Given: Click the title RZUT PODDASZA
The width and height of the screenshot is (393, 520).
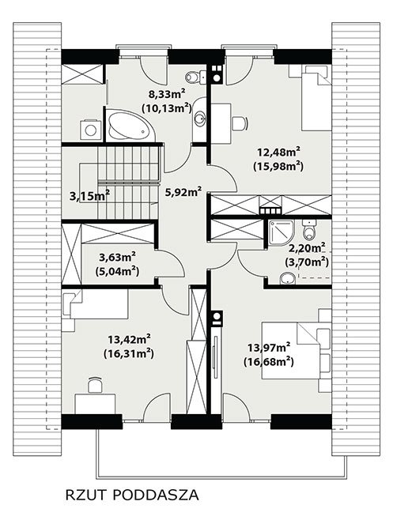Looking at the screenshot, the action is point(132,496).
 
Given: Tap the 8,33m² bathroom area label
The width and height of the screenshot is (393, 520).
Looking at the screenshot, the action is point(166,95).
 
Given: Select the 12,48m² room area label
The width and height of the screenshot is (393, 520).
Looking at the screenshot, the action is point(279,153).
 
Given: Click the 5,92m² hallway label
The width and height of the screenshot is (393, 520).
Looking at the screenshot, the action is point(183,192).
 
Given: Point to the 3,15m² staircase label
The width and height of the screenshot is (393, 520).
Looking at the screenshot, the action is point(89,196).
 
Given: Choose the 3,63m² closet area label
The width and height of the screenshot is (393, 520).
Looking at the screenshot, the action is point(117,258).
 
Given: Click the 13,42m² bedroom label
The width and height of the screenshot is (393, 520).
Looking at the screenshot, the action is point(129,340).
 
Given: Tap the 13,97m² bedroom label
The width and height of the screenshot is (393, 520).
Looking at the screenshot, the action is point(269,348).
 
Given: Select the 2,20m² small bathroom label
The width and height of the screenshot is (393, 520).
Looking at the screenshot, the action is point(307,248).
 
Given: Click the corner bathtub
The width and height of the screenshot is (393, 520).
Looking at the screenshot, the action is point(130,126).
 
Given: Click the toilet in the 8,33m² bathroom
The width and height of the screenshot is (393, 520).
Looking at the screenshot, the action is point(195,77).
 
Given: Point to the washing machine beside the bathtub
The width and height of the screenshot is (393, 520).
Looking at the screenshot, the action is point(91,130).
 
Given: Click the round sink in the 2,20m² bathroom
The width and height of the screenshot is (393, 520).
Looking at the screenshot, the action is point(288,279).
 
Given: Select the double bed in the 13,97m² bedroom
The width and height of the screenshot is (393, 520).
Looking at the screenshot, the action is point(296,350).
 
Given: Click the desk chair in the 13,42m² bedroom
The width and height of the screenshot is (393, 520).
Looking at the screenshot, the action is point(95,386).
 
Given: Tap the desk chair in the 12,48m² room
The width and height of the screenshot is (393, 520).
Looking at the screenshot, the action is point(240,123).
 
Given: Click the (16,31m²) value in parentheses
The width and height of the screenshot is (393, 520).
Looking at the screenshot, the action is point(128,354).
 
